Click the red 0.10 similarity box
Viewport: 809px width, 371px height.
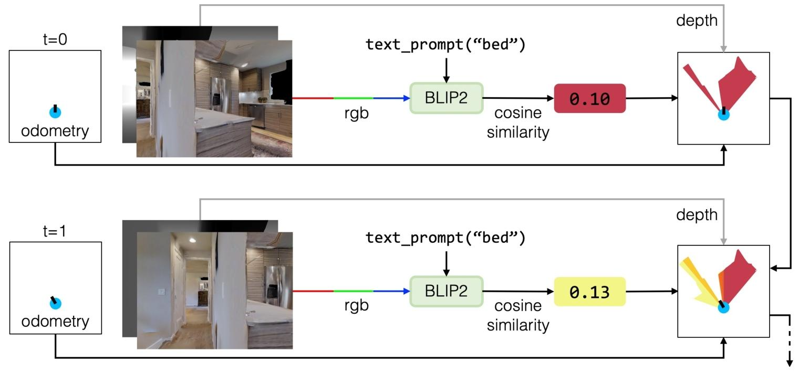(589, 98)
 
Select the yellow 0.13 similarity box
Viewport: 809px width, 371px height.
(589, 292)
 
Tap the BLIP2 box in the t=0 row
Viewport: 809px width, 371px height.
(446, 98)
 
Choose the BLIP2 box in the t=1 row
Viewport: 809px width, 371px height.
(446, 291)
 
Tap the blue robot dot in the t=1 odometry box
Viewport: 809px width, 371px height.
(55, 303)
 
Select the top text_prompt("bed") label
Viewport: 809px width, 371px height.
(445, 45)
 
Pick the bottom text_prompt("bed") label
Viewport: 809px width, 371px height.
(445, 238)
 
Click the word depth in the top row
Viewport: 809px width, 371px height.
(697, 21)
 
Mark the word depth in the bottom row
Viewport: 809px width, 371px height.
(697, 214)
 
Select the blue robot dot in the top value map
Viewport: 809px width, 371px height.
(724, 115)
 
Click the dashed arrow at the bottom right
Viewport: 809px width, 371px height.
(790, 357)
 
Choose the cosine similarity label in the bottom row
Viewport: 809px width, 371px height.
(517, 316)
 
